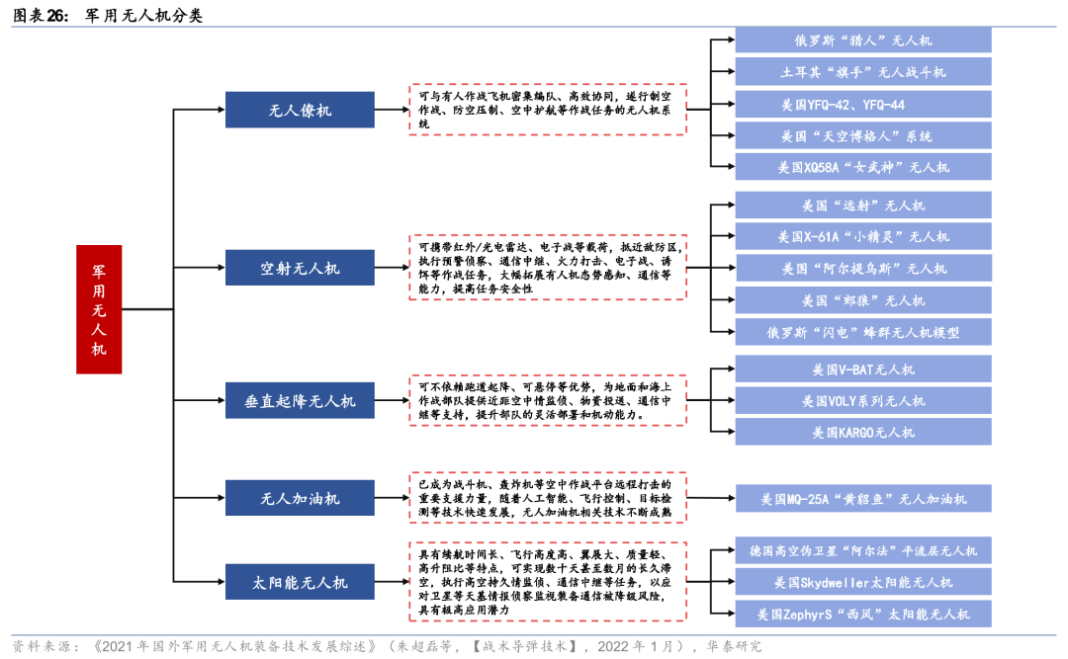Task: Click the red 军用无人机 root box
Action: pos(99,309)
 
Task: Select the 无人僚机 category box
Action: pos(300,110)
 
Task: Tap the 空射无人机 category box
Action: pos(300,268)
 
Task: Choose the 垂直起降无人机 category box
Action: pos(300,401)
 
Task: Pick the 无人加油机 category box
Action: pos(300,497)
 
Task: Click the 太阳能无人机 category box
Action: pos(300,582)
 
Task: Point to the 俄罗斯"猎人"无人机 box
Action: pos(862,41)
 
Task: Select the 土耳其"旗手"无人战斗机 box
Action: pos(862,72)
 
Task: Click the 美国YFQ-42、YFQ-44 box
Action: pos(862,104)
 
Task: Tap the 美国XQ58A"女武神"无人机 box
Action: pos(862,167)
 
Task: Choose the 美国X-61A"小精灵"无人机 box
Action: pos(862,236)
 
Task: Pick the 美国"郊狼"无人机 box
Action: pos(862,299)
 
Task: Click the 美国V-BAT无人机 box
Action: pos(862,370)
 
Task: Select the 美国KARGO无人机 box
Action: pos(862,432)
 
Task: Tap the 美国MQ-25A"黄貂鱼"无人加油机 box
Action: pos(862,499)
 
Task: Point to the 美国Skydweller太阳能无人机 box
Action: pos(862,582)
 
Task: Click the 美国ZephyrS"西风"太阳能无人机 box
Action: pos(862,614)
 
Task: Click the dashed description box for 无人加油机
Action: pos(548,498)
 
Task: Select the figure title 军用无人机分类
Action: pos(144,16)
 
